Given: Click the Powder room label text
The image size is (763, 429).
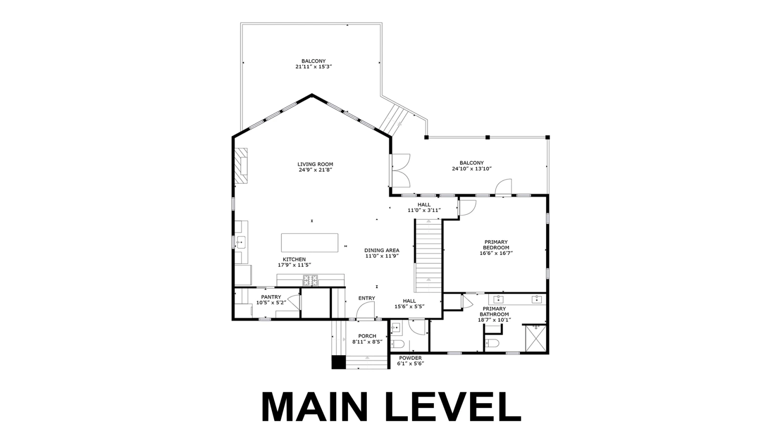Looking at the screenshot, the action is (x=411, y=358).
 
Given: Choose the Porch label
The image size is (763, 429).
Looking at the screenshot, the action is (x=367, y=336).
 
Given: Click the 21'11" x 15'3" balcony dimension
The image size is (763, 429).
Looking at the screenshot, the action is (x=314, y=67).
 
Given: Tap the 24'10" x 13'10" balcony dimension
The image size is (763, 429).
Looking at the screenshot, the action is (x=472, y=169).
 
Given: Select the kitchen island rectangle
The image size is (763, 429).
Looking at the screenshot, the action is (x=309, y=243).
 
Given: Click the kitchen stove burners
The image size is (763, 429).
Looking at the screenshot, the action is (x=310, y=280).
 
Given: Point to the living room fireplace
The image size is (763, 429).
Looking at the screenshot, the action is (x=241, y=165).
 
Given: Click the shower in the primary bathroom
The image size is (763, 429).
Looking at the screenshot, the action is (x=536, y=338).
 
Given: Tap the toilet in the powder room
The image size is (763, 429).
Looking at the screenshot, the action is (x=397, y=343).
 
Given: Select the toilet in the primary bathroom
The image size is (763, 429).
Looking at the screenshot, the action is (x=492, y=343).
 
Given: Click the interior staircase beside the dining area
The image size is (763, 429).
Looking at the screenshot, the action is (x=428, y=255).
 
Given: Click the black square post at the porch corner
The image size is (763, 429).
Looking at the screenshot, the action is (x=339, y=362).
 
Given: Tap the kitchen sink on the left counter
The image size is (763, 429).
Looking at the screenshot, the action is (x=241, y=243).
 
